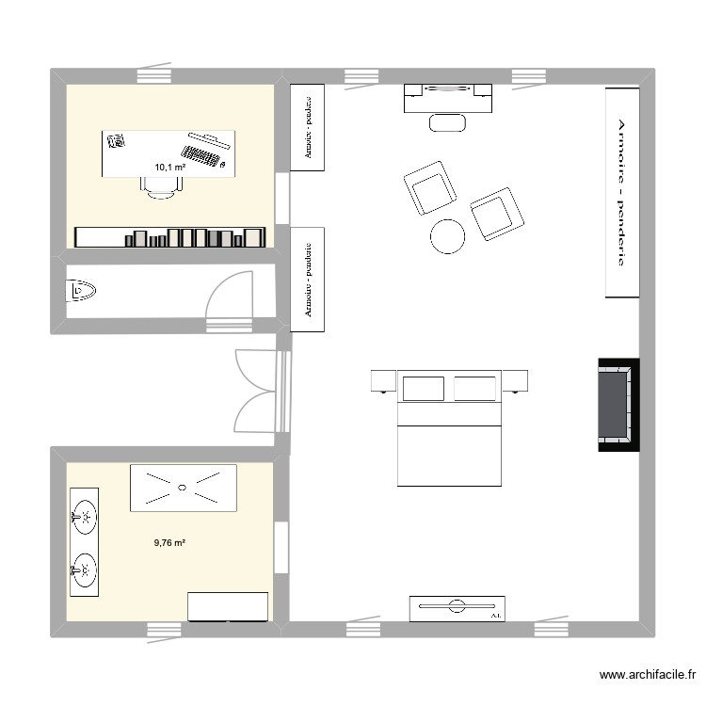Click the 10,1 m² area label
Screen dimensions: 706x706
169,167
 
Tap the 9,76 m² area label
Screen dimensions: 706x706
169,542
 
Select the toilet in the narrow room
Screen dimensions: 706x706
82,291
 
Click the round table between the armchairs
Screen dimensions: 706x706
447,236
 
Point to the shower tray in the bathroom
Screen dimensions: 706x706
183,488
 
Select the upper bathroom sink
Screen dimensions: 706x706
84,515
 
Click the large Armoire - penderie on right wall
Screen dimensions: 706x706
621,192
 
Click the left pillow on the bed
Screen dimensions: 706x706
423,387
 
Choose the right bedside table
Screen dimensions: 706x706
516,380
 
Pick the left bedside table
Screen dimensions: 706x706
383,380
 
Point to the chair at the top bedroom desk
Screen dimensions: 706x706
447,121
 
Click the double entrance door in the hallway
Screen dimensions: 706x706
256,390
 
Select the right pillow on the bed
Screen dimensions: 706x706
474,387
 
